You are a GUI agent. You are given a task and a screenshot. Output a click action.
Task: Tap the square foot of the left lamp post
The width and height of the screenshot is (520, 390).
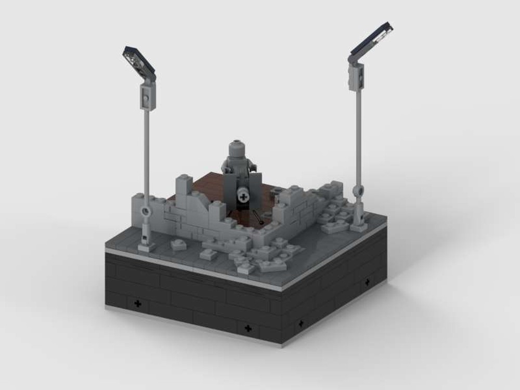146,245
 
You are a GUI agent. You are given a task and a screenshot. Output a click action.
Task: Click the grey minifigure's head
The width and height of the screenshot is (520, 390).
237,148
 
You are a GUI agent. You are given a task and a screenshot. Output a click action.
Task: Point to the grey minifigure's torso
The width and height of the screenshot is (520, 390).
237,165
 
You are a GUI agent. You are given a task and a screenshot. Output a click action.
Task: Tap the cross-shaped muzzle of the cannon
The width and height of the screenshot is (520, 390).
242,197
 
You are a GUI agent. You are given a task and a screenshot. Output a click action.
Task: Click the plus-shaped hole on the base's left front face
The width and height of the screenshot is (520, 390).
137,303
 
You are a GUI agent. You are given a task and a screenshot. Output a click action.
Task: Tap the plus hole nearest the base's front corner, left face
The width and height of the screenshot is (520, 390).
248,328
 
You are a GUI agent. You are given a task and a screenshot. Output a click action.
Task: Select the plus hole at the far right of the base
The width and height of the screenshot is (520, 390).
367,282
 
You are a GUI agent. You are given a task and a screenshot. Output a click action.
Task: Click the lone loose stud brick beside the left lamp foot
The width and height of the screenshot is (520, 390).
179,244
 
